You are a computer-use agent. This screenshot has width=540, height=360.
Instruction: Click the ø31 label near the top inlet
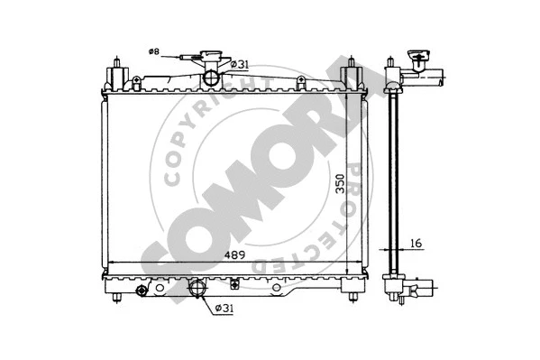239,63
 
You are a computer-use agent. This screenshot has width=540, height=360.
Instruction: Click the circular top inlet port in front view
212,78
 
